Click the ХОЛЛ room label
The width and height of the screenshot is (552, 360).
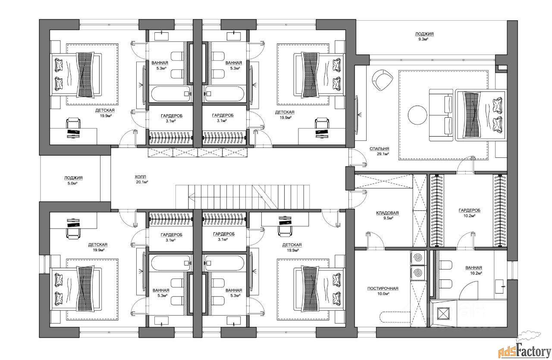click(x=140, y=177)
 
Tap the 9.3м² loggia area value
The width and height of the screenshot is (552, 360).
click(x=423, y=39)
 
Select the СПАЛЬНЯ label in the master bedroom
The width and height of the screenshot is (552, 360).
click(x=379, y=149)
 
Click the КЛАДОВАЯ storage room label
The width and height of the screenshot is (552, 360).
click(x=387, y=213)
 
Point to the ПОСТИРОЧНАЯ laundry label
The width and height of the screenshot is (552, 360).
click(x=383, y=288)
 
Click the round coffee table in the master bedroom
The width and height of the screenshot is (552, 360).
click(x=417, y=115)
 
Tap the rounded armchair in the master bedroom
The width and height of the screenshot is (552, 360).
click(x=383, y=80)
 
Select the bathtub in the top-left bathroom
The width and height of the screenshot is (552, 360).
click(x=170, y=94)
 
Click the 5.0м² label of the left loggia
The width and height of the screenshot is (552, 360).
click(x=72, y=183)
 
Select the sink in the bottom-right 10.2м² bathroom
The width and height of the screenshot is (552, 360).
click(x=500, y=286)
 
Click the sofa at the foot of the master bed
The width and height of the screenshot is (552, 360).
click(x=441, y=115)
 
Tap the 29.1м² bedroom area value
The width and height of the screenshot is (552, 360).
click(x=383, y=154)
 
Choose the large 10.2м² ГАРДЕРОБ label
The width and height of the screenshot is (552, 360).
click(x=469, y=210)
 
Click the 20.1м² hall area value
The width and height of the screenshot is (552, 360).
click(x=142, y=182)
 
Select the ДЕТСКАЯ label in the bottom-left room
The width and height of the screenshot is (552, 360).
click(x=98, y=244)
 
